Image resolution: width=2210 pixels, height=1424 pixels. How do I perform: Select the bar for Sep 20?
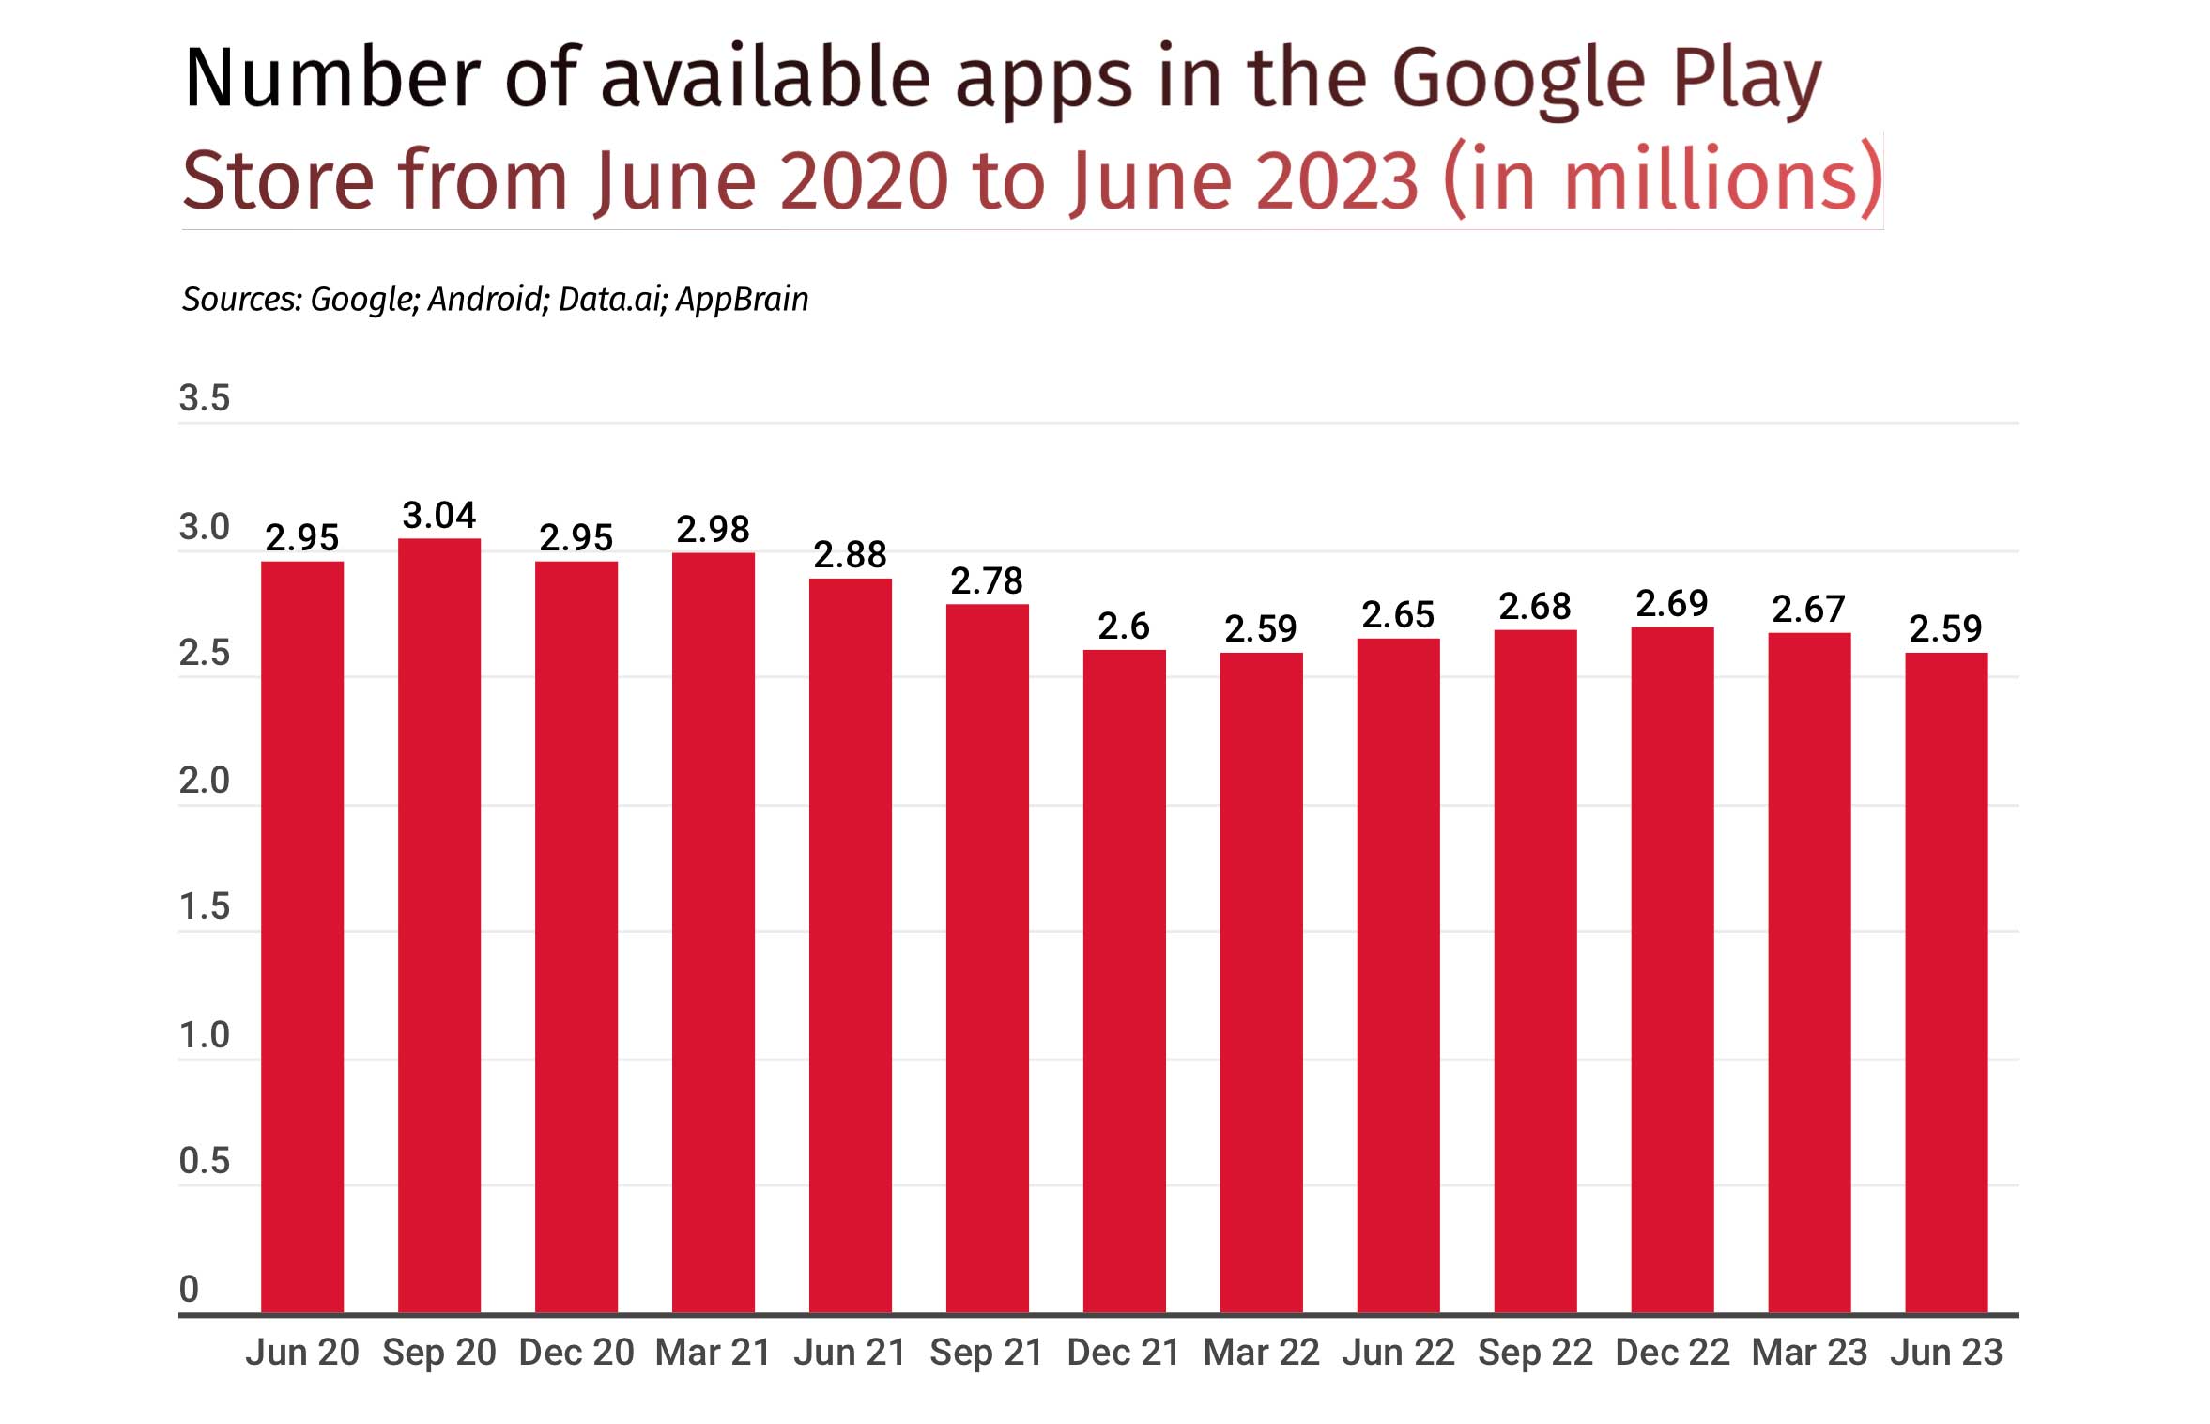438,925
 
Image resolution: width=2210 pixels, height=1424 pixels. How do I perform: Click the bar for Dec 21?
1124,981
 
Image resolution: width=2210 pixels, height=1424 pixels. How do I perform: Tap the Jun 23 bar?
1945,983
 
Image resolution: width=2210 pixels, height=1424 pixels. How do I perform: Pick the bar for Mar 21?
713,932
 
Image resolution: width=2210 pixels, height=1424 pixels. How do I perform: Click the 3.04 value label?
438,515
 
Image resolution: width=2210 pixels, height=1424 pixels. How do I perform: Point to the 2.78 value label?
986,581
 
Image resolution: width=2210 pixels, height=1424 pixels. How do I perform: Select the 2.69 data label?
1671,604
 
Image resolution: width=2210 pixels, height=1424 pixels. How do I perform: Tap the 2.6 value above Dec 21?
1123,627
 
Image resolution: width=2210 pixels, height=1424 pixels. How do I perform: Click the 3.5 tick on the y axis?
205,398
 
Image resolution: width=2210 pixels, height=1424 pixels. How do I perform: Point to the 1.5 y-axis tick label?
205,906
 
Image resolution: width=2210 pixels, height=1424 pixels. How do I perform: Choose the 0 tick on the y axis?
189,1289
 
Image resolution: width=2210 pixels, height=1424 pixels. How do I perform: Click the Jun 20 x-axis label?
302,1353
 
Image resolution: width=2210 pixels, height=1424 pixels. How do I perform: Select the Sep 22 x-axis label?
1535,1353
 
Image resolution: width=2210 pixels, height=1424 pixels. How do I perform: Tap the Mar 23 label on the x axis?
1809,1353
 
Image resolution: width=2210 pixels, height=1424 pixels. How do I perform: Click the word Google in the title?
1517,79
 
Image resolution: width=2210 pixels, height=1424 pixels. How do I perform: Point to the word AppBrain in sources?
742,300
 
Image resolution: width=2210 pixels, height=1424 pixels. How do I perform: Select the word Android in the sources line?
487,300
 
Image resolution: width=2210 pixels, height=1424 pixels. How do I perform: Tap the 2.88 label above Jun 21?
850,555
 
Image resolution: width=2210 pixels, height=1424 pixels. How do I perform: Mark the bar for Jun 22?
1398,975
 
